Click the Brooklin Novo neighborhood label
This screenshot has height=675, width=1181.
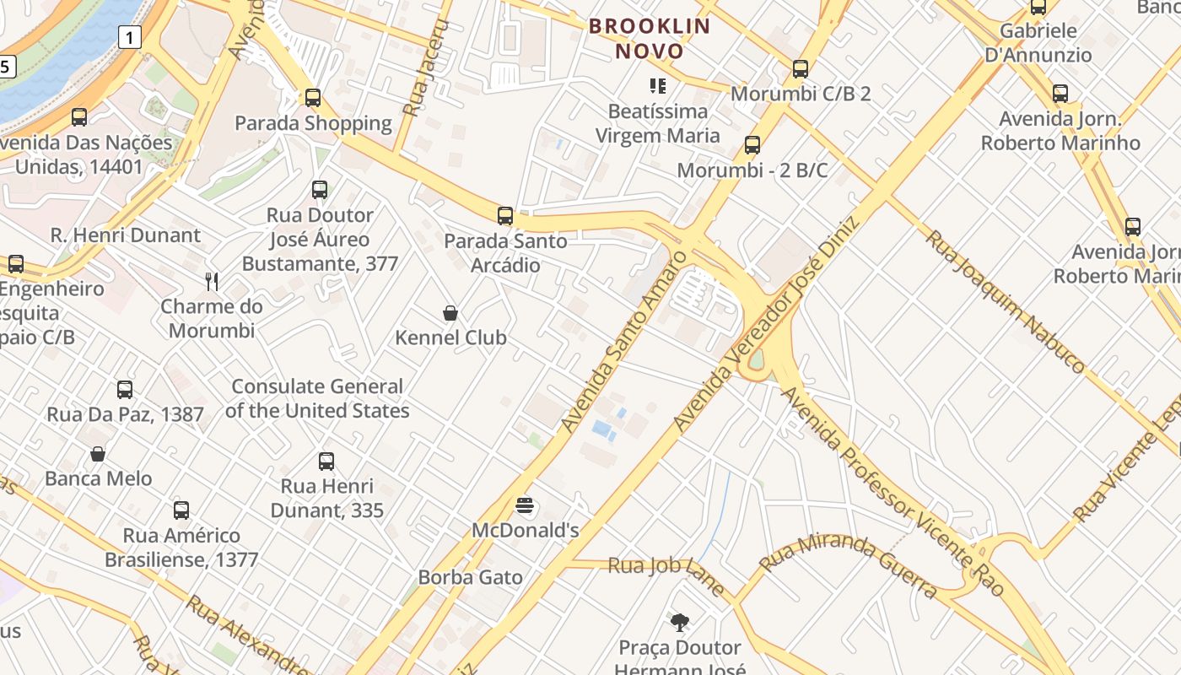click(x=650, y=38)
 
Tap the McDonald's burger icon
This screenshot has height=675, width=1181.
click(x=525, y=506)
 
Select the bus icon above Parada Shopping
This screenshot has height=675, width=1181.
click(x=313, y=98)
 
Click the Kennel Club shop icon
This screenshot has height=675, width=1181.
click(x=450, y=314)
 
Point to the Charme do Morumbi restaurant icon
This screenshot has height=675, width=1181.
click(x=212, y=282)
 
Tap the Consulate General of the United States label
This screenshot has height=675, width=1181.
click(x=317, y=398)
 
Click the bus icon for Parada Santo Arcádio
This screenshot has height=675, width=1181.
click(x=505, y=216)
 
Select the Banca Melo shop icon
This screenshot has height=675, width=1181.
click(x=98, y=454)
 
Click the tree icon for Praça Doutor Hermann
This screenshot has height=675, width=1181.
click(x=679, y=624)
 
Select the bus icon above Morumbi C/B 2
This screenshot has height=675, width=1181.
click(x=801, y=69)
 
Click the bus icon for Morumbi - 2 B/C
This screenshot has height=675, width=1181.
click(x=752, y=145)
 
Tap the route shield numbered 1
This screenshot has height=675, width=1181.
click(x=129, y=37)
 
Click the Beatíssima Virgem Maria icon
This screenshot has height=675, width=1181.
click(x=658, y=85)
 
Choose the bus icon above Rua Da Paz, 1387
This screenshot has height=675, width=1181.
click(x=125, y=390)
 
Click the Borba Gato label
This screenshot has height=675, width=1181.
click(x=470, y=578)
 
